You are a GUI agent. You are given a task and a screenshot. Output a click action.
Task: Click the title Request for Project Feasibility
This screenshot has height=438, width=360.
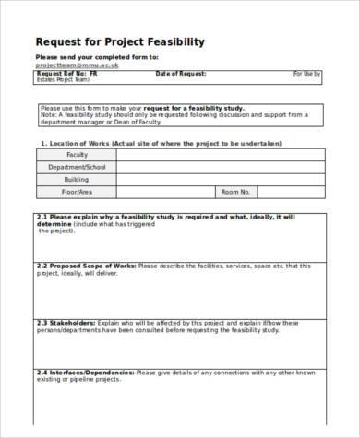pos(120,42)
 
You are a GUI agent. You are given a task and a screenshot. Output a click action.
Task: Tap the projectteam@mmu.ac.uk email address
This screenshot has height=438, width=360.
pos(71,65)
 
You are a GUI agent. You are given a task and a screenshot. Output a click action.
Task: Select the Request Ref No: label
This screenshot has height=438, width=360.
pos(59,73)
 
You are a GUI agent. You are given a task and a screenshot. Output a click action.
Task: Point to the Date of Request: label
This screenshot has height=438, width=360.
pos(181,73)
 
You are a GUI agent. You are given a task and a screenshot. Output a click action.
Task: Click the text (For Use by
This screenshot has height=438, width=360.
pos(304,73)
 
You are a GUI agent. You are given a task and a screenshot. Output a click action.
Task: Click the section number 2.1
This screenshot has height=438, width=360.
pos(42,216)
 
